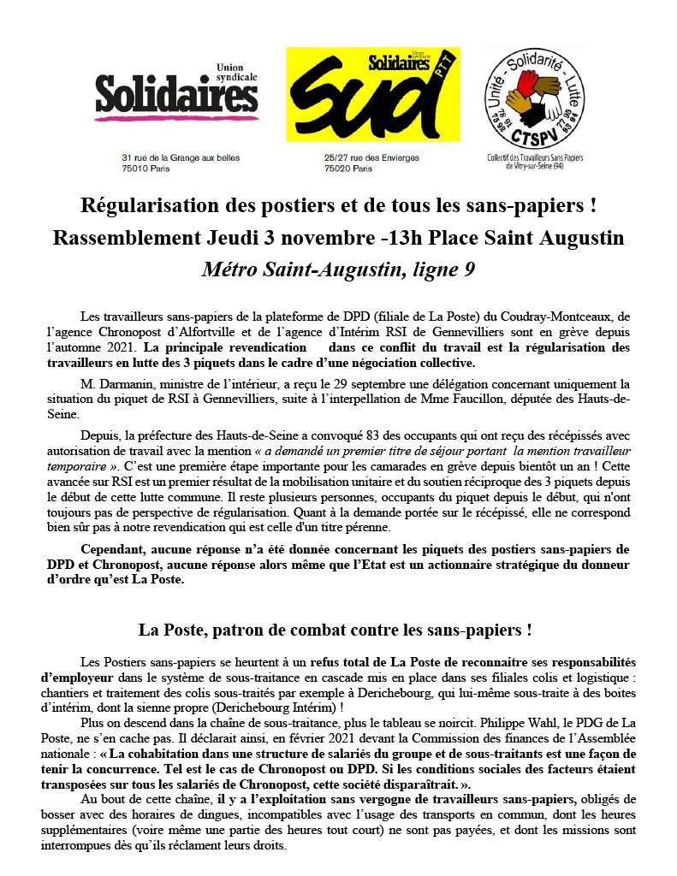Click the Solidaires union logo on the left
175,95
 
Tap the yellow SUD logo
366,95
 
